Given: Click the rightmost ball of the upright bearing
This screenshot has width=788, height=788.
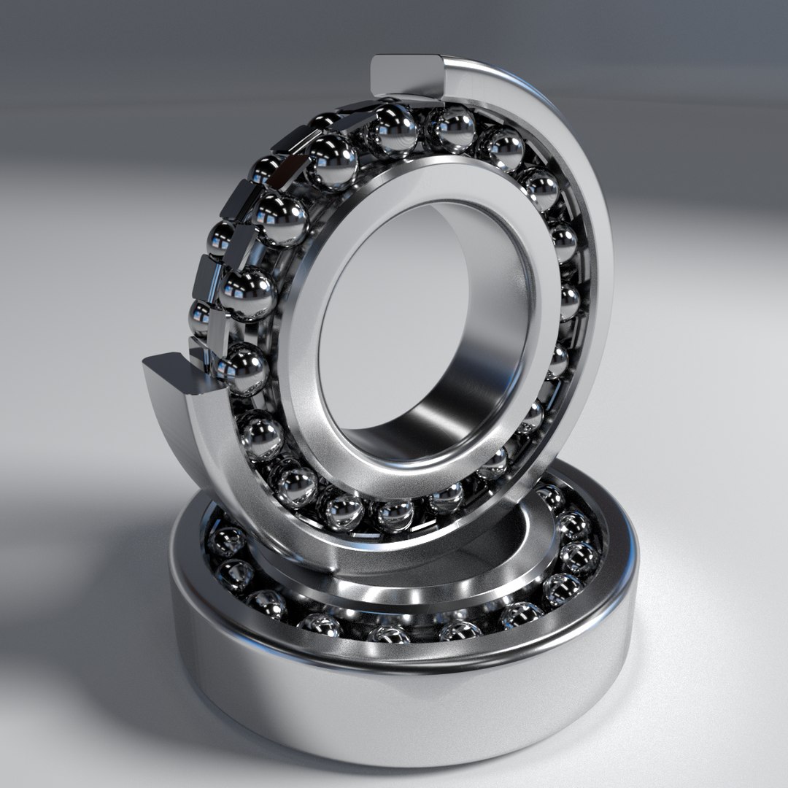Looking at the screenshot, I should tap(568, 301).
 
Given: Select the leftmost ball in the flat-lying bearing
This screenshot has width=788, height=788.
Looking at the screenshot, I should tap(227, 541).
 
